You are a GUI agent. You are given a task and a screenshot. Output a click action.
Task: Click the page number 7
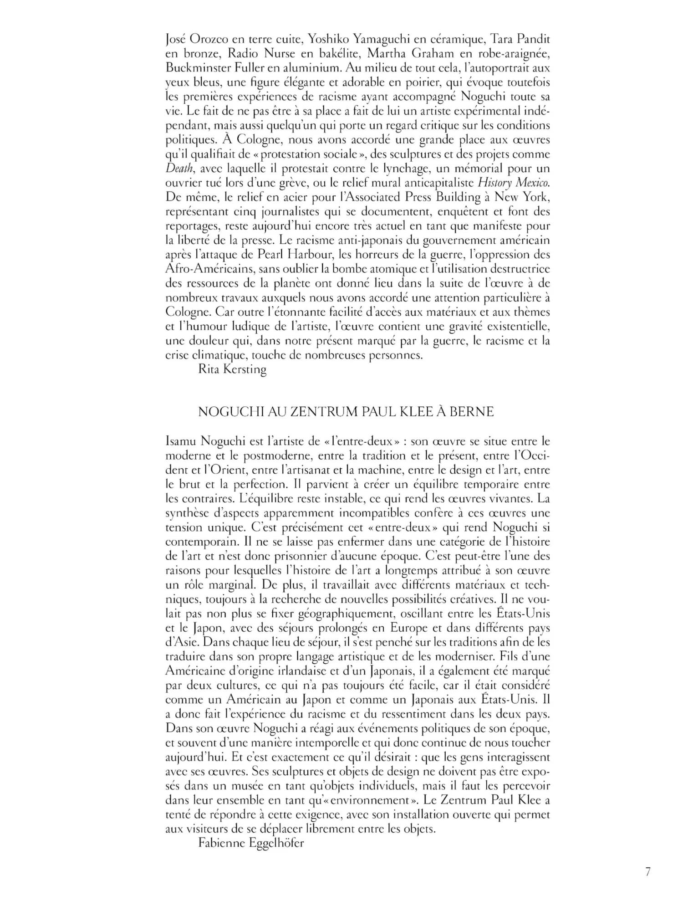click(x=647, y=872)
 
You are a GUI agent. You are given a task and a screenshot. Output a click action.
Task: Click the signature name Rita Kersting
click(x=232, y=369)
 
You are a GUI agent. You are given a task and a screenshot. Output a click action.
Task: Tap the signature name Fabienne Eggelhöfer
click(x=251, y=843)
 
